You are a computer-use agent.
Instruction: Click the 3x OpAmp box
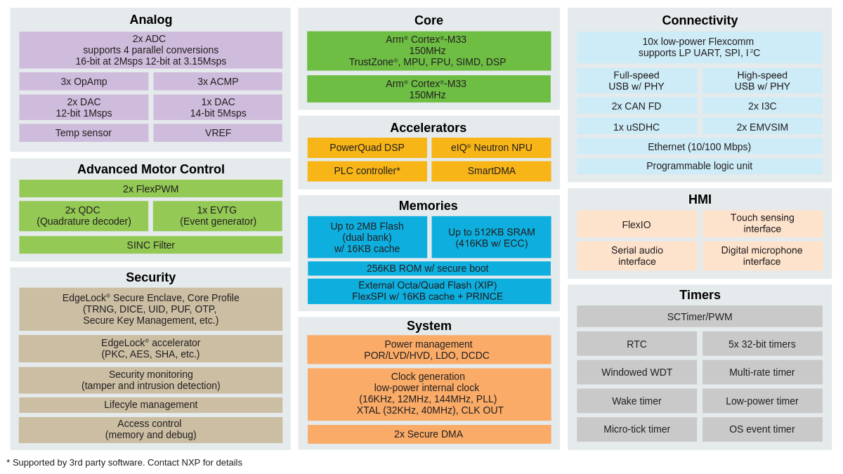84,81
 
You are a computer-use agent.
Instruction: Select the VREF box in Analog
218,133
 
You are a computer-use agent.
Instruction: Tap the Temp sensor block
84,133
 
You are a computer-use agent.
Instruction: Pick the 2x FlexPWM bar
150,189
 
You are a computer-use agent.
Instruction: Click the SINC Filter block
150,245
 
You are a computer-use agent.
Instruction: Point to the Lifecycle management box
150,404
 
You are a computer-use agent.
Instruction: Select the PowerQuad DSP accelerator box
367,147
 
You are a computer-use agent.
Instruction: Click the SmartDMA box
491,171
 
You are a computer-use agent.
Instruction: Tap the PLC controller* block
367,171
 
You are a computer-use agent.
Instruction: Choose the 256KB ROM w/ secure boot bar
429,268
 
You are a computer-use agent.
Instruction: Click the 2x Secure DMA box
429,434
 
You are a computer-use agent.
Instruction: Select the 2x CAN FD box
636,106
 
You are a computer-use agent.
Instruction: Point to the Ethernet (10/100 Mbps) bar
699,147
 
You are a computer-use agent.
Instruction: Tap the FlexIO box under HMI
636,225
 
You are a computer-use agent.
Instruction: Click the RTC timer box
636,344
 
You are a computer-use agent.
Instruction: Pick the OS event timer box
762,429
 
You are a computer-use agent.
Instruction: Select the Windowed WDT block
636,372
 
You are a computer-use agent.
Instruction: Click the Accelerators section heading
428,128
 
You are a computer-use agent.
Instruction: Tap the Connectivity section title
700,20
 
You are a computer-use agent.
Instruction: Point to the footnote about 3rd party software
124,463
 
